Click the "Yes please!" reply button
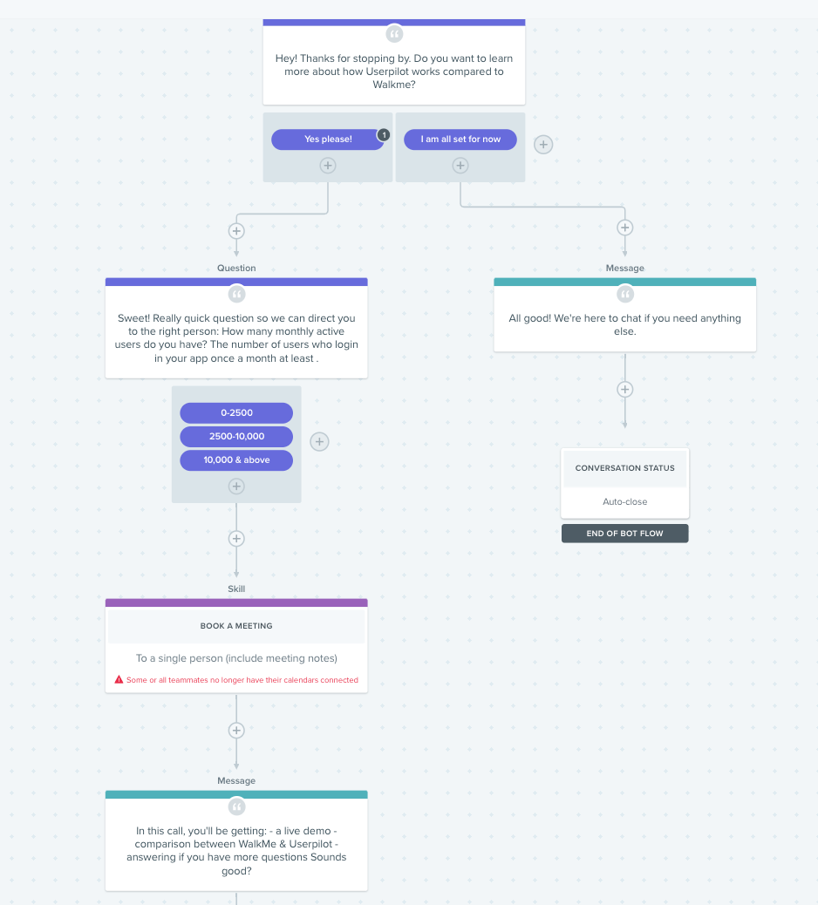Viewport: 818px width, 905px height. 327,139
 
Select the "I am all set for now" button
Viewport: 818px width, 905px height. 460,139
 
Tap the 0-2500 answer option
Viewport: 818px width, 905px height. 236,412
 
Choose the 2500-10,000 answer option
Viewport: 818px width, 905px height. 236,436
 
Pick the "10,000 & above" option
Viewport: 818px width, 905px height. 236,460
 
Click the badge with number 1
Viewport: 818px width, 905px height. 384,135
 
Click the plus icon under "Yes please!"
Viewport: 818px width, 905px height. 328,166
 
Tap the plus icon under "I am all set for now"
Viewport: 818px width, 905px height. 460,166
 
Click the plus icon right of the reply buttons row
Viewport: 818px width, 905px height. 543,144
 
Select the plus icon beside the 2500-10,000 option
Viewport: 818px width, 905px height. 319,441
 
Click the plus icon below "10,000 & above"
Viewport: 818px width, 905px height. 236,487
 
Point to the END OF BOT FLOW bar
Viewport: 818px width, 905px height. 624,534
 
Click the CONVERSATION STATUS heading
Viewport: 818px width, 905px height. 624,468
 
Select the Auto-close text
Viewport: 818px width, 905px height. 624,501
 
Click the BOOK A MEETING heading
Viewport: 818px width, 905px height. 236,626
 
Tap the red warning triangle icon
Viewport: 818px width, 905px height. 119,679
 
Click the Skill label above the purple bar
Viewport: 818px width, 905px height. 236,589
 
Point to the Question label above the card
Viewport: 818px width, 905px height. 236,268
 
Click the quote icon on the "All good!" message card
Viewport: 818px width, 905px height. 624,294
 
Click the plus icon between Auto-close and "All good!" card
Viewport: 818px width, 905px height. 624,389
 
